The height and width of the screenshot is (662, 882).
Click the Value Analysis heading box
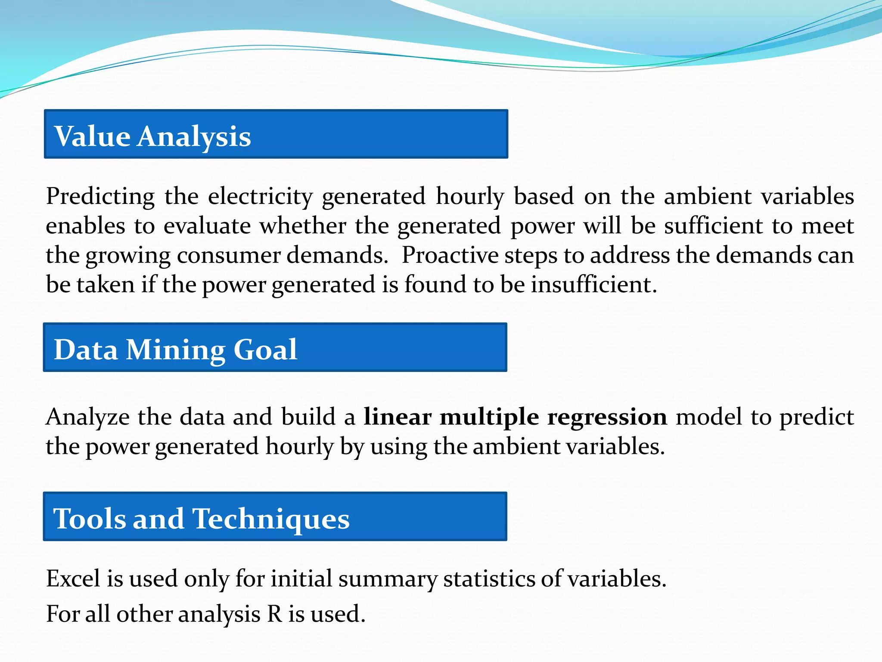coord(276,134)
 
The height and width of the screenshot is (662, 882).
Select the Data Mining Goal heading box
coord(275,347)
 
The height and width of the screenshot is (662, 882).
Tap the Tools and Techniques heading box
coord(275,516)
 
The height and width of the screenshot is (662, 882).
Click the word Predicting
coord(100,197)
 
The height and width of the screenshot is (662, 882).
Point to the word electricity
coord(260,197)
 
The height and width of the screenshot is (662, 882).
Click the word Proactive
coord(450,255)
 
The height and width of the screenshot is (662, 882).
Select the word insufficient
coord(593,285)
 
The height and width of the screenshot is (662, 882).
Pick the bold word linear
coord(397,417)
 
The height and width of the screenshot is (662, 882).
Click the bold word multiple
coord(489,417)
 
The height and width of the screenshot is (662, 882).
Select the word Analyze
coord(87,417)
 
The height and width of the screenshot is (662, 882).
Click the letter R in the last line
coord(275,614)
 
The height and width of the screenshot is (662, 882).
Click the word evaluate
coord(207,226)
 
